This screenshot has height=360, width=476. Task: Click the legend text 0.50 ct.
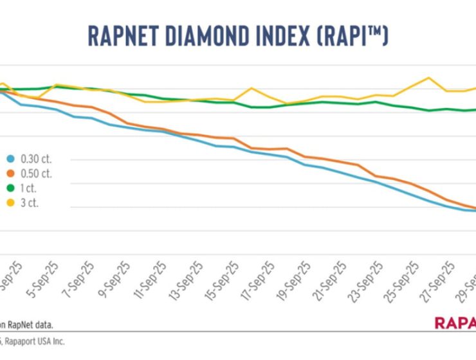click(x=36, y=174)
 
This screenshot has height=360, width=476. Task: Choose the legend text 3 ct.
click(x=30, y=204)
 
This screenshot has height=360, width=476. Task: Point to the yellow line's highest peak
click(x=428, y=78)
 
